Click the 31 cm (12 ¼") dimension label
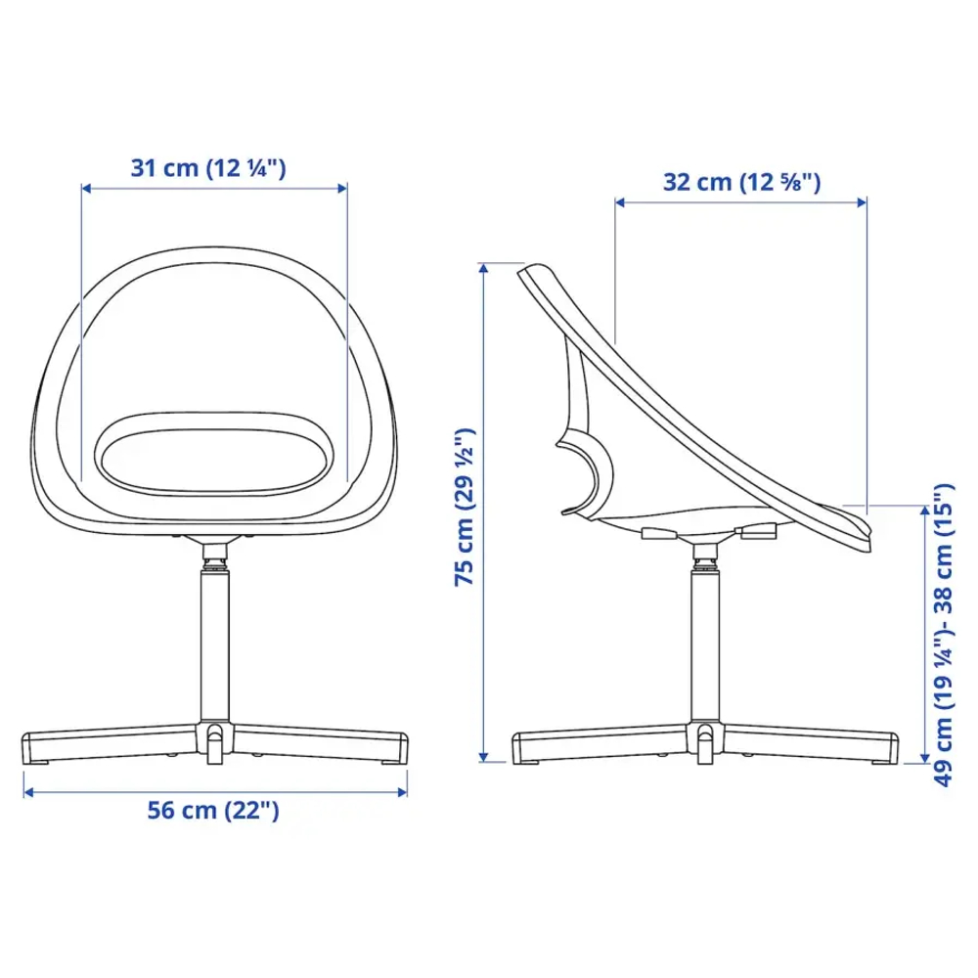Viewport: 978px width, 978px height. tap(208, 168)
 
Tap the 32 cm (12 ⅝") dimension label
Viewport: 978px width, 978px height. tap(741, 182)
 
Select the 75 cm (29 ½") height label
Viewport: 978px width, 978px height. tap(466, 506)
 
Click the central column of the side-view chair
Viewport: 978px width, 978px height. tap(704, 645)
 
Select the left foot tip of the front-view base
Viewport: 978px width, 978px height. tap(33, 747)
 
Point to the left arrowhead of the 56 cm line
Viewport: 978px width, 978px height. tap(28, 792)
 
